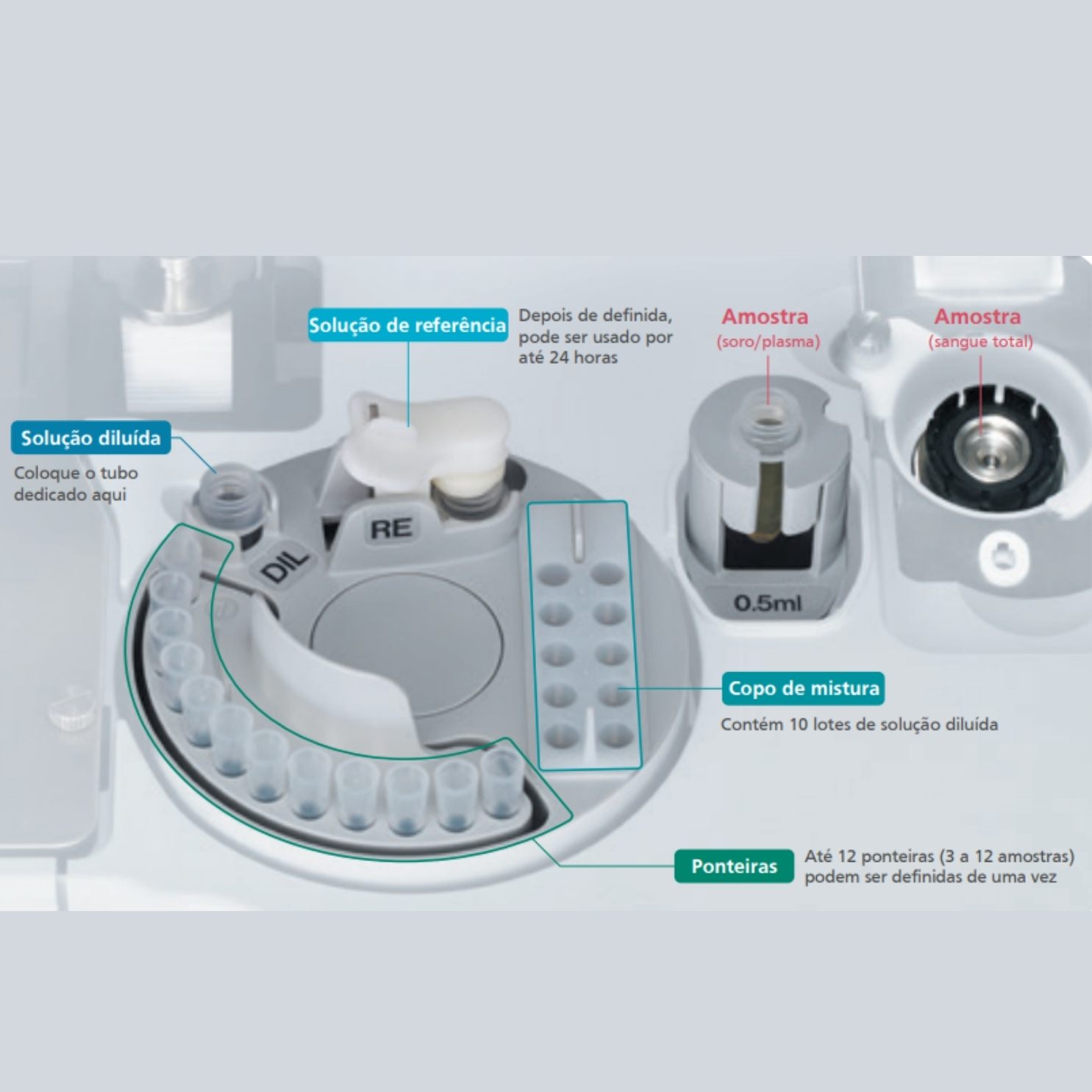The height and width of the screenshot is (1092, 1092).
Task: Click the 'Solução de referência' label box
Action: point(407,325)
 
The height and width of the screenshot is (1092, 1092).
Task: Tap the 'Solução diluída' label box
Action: point(90,438)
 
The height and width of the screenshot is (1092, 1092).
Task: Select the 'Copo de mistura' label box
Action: point(803,688)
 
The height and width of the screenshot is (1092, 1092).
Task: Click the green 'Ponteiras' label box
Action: point(734,866)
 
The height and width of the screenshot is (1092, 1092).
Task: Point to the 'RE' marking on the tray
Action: point(391,529)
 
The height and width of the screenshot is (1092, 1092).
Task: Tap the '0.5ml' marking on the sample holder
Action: point(767,604)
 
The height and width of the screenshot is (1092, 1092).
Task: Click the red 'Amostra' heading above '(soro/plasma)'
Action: point(765,317)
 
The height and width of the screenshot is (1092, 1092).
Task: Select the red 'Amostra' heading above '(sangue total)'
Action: point(977,317)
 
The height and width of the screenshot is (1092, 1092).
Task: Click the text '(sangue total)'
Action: point(980,342)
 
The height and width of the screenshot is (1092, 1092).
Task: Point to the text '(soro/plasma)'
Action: point(768,342)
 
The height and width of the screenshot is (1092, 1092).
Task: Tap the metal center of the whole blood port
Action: point(988,453)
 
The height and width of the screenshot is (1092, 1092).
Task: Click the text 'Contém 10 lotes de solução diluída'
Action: point(859,724)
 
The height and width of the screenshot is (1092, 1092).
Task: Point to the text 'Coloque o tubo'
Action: point(76,474)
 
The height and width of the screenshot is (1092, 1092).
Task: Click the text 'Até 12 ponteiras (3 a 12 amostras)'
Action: point(939,857)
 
